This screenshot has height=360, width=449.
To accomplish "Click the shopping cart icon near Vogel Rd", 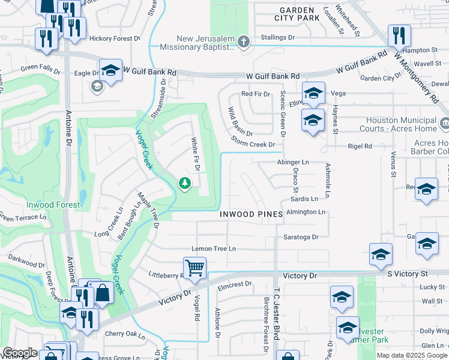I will (194, 268).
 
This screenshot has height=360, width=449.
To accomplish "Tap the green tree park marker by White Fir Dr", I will (185, 183).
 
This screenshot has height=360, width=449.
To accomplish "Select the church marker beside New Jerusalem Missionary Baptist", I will (243, 42).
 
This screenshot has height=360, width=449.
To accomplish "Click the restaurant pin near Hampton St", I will (399, 35).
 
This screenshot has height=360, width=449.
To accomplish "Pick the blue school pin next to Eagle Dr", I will (110, 70).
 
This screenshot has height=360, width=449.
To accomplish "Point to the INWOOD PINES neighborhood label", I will (247, 214).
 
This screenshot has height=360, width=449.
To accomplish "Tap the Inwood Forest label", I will (53, 205).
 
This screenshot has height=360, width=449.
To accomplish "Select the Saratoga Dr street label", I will (301, 237).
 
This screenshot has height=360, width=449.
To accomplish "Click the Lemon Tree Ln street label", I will (213, 248).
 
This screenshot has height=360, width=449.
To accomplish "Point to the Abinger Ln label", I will (293, 162).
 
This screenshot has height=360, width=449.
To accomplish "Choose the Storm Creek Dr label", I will (254, 145).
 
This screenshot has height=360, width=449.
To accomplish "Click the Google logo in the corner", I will (20, 353).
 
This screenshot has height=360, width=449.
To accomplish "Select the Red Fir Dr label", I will (255, 94).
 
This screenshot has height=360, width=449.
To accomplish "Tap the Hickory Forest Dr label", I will (114, 38).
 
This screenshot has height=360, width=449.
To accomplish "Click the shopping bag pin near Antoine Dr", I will (103, 293).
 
